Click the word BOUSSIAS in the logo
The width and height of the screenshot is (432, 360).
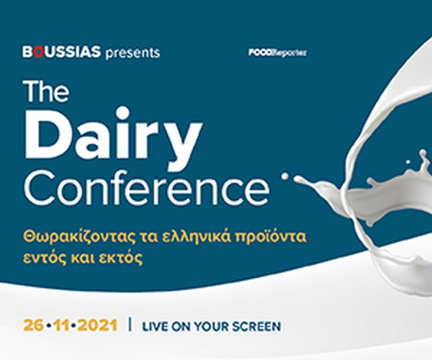pyautogui.click(x=61, y=52)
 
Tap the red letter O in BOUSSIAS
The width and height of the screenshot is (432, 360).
pyautogui.click(x=39, y=52)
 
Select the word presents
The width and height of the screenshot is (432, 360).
pyautogui.click(x=132, y=53)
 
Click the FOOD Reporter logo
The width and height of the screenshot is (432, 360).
pyautogui.click(x=277, y=53)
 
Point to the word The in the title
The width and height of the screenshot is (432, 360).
pyautogui.click(x=46, y=91)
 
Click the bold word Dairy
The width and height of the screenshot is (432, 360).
pyautogui.click(x=114, y=134)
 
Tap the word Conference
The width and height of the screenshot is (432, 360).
pyautogui.click(x=147, y=187)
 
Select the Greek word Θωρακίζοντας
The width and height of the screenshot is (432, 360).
pyautogui.click(x=78, y=237)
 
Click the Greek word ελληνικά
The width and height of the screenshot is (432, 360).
pyautogui.click(x=196, y=237)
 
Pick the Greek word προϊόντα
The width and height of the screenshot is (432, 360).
pyautogui.click(x=271, y=237)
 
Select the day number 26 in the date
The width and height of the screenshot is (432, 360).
pyautogui.click(x=33, y=325)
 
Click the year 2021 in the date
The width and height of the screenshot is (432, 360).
pyautogui.click(x=97, y=325)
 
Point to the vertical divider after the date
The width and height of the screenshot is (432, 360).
pyautogui.click(x=130, y=325)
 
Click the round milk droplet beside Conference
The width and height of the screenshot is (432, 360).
pyautogui.click(x=285, y=176)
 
